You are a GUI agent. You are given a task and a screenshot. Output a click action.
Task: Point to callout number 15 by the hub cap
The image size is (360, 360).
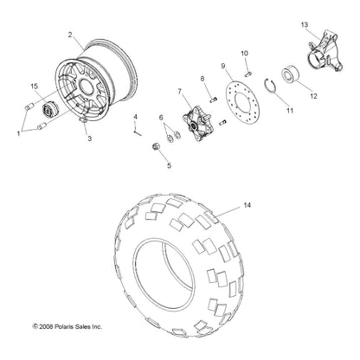34,85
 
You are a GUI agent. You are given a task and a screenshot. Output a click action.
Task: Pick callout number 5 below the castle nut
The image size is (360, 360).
169,164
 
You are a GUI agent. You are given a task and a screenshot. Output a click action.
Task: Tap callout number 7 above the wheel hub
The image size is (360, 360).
180,91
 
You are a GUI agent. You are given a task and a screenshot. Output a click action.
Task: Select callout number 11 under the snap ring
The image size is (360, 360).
266,111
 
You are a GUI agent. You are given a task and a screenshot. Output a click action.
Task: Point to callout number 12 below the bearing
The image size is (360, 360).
313,95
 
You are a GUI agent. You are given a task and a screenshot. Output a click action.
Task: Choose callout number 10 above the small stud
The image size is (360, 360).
244,53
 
